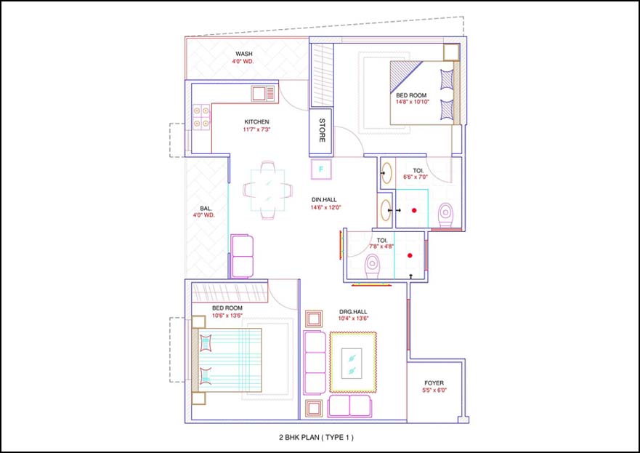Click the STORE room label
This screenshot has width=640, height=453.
(x=322, y=130)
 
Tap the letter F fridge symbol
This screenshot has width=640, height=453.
(x=321, y=169)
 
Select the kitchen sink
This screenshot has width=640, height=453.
(x=263, y=94)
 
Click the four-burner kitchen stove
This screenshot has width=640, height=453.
(x=200, y=117)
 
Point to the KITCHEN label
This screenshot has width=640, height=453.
(x=256, y=121)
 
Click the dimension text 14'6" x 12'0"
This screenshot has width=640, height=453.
(x=325, y=207)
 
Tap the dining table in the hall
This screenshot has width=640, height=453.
(x=268, y=190)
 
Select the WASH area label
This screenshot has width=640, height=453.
(x=243, y=54)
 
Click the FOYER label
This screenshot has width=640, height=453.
(x=434, y=383)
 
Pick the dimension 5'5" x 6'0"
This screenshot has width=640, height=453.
(x=434, y=390)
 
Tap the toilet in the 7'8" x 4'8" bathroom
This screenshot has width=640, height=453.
(x=372, y=265)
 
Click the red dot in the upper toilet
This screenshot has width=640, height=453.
(x=414, y=210)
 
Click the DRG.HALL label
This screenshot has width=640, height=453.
(x=353, y=312)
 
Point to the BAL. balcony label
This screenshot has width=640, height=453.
(x=206, y=209)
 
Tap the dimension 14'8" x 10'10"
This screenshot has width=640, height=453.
(x=412, y=102)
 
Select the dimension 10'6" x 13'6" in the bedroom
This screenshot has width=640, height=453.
(x=227, y=316)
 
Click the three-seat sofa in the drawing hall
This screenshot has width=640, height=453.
(x=315, y=363)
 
